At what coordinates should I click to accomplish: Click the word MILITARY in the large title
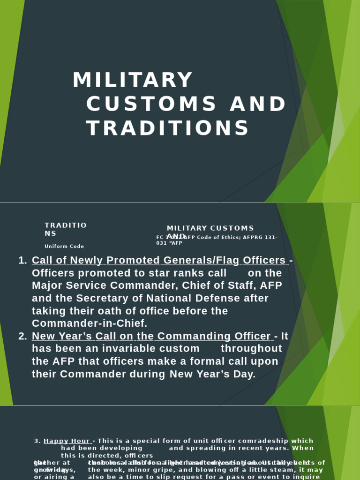pos(133,80)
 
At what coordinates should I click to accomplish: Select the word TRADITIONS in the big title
pos(168,128)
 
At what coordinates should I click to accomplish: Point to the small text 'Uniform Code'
pos(64,247)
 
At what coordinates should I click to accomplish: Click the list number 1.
pos(22,261)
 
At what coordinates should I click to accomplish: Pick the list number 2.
pos(22,337)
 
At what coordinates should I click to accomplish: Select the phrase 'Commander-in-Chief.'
pos(90,324)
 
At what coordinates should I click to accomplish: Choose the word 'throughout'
pos(251,349)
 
